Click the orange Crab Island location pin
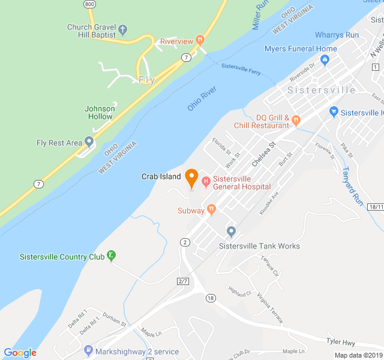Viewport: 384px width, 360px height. click(191, 178)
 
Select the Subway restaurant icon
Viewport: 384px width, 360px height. click(211, 209)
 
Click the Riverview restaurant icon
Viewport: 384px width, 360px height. click(200, 40)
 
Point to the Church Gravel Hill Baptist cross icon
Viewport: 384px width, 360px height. click(123, 28)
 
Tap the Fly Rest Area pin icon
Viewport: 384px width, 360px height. click(89, 142)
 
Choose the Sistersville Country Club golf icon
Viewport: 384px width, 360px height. click(111, 256)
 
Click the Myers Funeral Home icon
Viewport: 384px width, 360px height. click(325, 59)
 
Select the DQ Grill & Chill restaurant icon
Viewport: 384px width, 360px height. click(296, 121)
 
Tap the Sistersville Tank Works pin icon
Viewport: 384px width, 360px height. click(231, 232)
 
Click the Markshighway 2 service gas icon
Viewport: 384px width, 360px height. click(89, 350)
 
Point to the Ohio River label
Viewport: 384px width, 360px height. click(202, 98)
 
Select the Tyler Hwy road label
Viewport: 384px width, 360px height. click(341, 343)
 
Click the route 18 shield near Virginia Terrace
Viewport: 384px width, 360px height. click(210, 298)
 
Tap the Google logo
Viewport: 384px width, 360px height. click(20, 353)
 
